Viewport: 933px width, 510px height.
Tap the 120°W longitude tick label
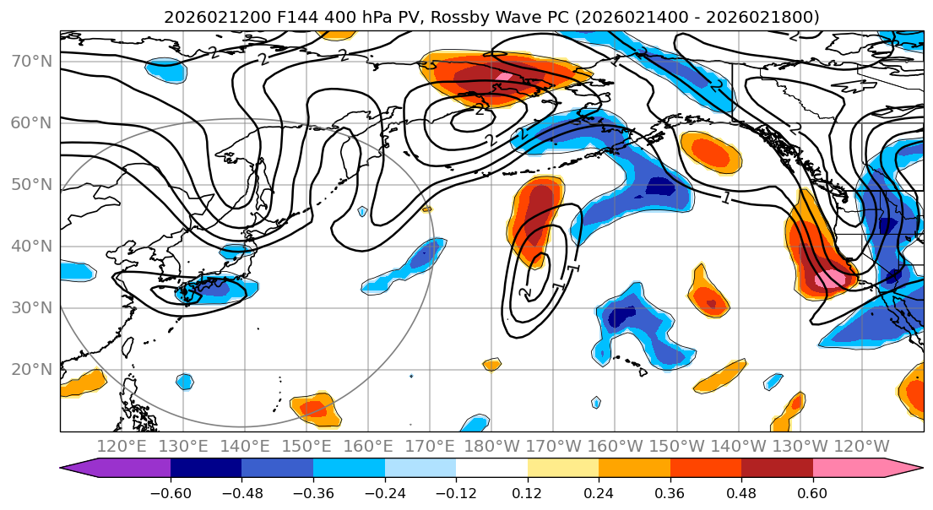pyautogui.click(x=861, y=446)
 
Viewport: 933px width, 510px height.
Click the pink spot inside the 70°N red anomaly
pyautogui.click(x=504, y=77)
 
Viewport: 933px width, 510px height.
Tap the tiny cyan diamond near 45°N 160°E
pyautogui.click(x=363, y=211)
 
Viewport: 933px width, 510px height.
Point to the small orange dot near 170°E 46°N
pyautogui.click(x=426, y=209)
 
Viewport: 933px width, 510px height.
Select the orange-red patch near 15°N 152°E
pyautogui.click(x=314, y=409)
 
